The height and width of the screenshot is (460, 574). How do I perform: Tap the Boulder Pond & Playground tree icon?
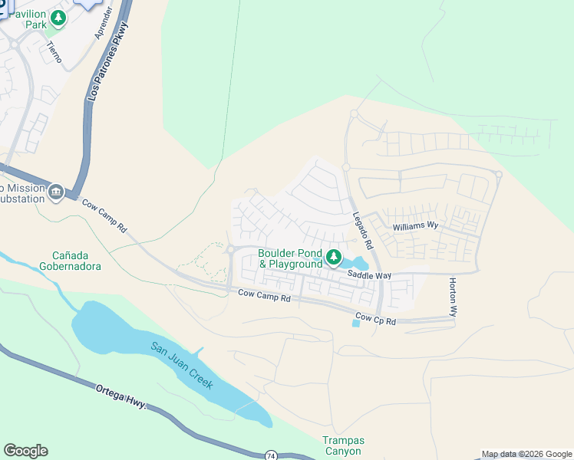334,258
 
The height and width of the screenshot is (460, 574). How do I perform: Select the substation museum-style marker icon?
55,191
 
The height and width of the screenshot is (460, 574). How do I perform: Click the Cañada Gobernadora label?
76,261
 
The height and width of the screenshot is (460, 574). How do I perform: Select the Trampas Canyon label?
343,445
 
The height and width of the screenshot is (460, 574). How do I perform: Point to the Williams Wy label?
414,227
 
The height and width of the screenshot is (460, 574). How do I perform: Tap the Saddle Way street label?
369,274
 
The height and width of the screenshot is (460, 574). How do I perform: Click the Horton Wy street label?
454,297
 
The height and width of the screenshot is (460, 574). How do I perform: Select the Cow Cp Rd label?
375,320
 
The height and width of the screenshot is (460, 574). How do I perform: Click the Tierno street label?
54,51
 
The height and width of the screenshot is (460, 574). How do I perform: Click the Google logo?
25,451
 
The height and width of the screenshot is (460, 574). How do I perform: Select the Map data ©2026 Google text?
526,454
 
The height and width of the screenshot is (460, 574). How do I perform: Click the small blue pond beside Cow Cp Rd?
355,323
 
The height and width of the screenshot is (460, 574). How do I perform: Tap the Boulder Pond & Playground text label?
291,258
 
